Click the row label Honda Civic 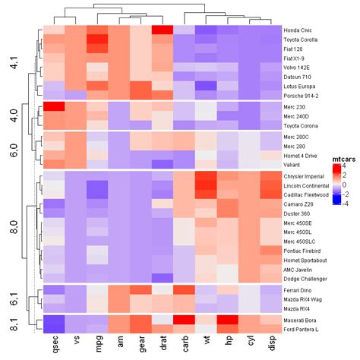tap(302, 30)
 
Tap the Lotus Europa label tap(302, 86)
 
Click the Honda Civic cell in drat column tap(163, 30)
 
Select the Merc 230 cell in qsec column tap(53, 107)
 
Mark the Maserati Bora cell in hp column tap(228, 319)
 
